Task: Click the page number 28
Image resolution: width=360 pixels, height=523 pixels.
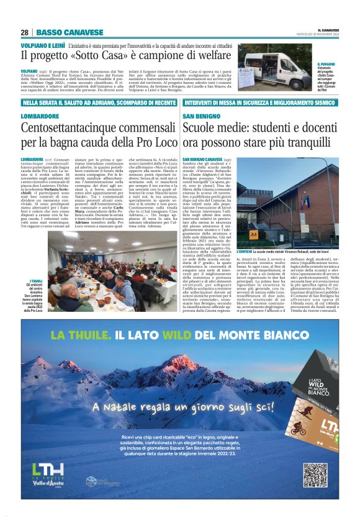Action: coord(24,32)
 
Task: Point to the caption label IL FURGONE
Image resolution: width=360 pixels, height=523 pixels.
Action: coord(326,64)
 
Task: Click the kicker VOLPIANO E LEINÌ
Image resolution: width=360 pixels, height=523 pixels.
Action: coord(43,46)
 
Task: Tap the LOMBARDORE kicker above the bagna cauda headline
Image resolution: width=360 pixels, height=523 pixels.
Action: coord(40,116)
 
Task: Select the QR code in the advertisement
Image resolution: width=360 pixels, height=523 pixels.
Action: coord(315,475)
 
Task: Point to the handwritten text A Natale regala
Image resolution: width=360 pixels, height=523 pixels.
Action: coord(131,407)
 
